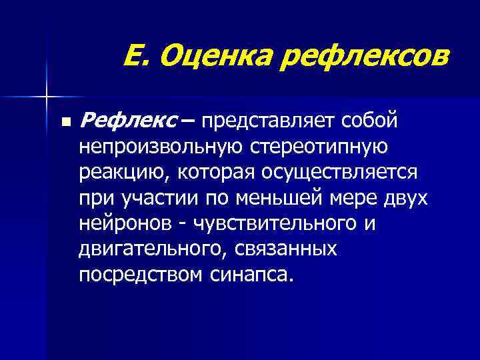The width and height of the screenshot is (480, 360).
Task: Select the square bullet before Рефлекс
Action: click(x=65, y=123)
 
